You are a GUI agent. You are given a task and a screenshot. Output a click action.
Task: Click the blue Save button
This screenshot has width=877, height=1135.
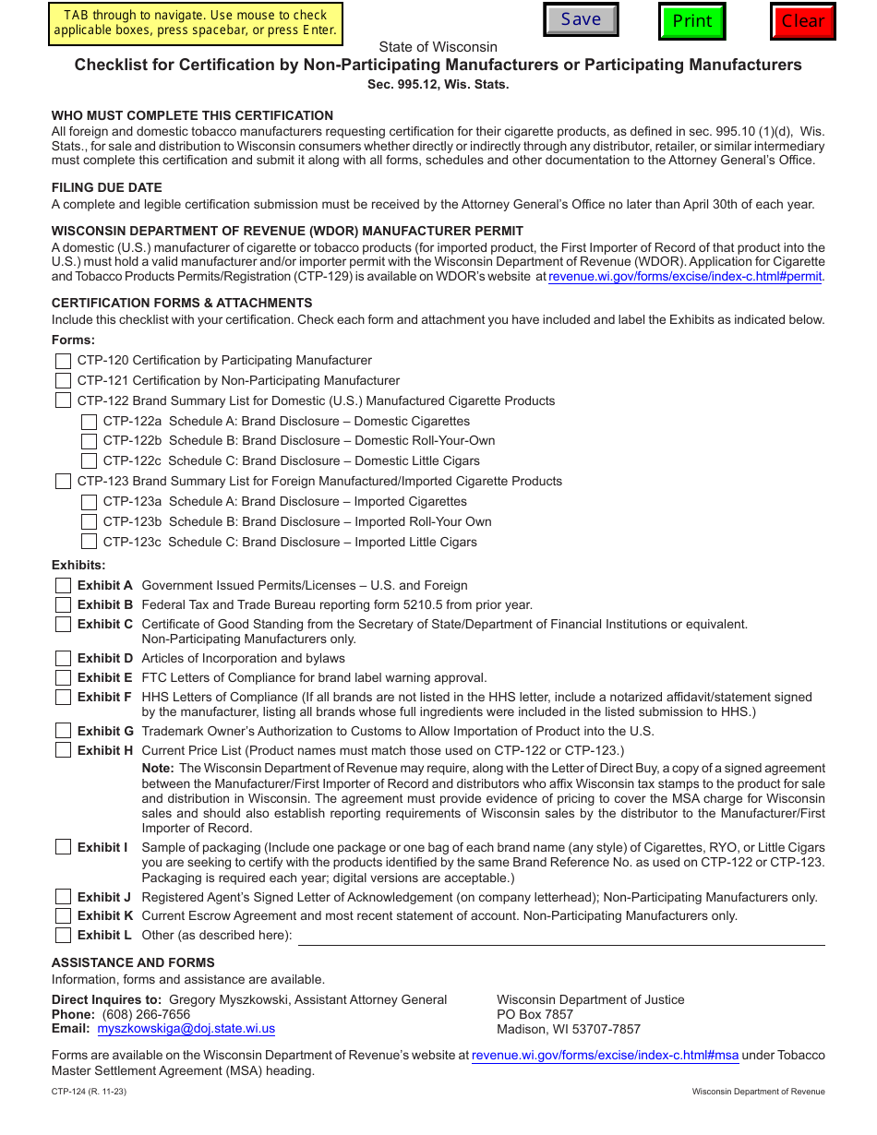coord(581,19)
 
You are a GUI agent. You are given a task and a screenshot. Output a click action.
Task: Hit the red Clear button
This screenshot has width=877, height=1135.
coord(802,21)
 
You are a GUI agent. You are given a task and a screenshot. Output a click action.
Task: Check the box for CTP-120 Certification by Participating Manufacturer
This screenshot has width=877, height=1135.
coord(63,361)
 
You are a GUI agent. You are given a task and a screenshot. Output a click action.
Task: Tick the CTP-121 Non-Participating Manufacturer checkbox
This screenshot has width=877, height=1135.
coord(63,381)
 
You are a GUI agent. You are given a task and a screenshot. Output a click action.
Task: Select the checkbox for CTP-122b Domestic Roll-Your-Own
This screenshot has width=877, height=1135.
coord(89,441)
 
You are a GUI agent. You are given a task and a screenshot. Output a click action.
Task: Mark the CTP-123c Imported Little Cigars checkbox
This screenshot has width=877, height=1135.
coord(89,543)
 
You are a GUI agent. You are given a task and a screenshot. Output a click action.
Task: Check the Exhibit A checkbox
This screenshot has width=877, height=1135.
coord(63,586)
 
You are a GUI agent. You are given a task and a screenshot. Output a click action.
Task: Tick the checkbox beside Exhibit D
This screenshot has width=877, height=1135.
coord(63,659)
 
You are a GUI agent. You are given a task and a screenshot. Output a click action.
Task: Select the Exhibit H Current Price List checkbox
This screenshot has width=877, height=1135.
coord(63,750)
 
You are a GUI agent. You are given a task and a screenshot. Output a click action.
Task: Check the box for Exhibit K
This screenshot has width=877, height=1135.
coord(63,916)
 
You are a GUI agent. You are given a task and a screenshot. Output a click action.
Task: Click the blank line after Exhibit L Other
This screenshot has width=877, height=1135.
coord(561,937)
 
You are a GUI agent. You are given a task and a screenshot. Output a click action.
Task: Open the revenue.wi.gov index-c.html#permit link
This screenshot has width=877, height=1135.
coord(685,277)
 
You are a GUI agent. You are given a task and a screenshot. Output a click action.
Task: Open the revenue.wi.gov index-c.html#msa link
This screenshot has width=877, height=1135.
coord(606,1056)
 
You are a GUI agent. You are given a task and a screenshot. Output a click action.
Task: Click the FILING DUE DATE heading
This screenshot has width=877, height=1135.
coord(107,187)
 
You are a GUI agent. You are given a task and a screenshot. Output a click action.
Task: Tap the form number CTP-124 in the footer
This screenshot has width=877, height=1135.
coord(69,1092)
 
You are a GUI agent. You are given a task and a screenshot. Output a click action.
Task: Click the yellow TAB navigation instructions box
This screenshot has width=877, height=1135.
coord(195,23)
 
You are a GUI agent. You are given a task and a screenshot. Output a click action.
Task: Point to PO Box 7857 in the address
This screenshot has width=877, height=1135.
coord(535,1014)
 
